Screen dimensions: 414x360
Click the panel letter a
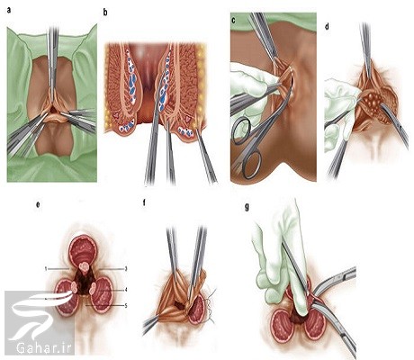pos(9,11)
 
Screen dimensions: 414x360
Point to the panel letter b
pos(105,13)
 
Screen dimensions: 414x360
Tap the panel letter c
pos(233,21)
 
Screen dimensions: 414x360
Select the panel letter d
pos(327,26)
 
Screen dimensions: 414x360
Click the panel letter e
pos(38,205)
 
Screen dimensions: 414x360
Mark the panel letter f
pos(144,202)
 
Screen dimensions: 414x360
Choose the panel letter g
pos(247,207)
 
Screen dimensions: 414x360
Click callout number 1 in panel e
pos(46,269)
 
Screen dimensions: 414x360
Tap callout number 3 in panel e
pos(126,269)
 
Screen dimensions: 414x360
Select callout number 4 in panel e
pos(126,290)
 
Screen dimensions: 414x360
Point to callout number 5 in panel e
pos(126,305)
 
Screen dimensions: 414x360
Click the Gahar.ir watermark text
pos(43,348)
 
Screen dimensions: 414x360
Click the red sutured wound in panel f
pos(196,309)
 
